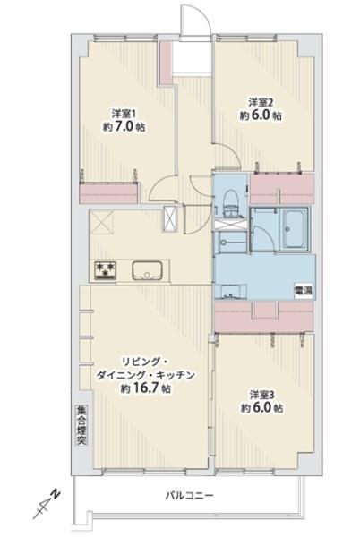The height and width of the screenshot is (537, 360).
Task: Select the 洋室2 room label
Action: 260,100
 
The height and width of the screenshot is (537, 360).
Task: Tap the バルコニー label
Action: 186,494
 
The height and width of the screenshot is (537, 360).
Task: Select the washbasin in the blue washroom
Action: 229,288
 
